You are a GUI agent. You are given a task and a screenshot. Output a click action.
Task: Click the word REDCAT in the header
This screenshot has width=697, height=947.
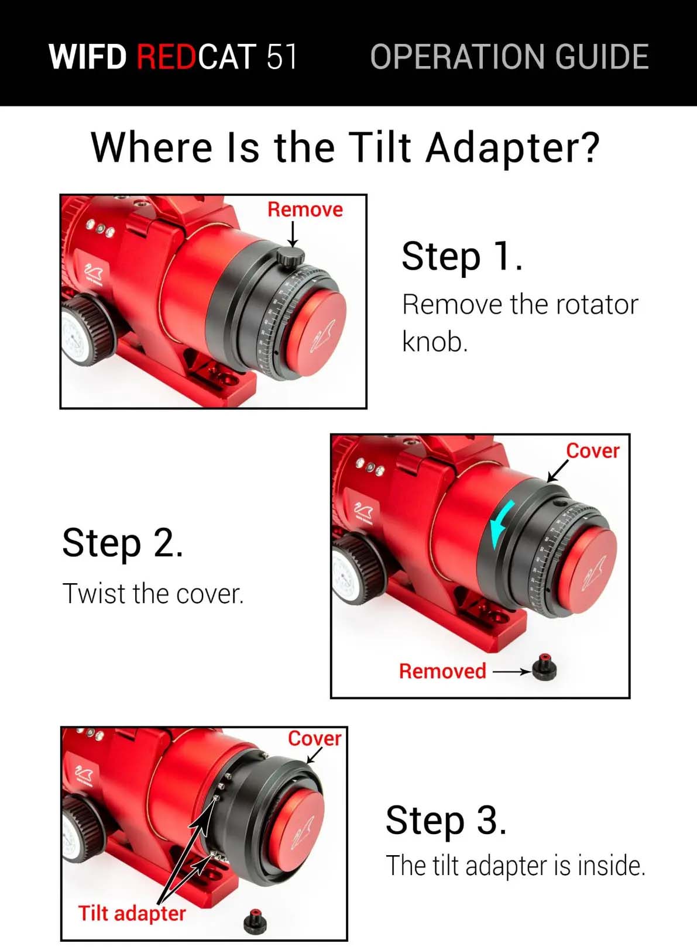(x=196, y=56)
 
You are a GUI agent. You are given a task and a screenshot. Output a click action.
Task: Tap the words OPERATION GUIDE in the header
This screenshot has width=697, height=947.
(x=509, y=56)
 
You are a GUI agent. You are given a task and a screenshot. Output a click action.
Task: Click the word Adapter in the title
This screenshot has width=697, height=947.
(x=513, y=147)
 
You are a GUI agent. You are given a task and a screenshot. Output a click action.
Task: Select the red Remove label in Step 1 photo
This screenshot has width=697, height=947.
(x=305, y=209)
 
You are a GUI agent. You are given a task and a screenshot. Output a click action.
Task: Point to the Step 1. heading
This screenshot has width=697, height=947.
(x=462, y=257)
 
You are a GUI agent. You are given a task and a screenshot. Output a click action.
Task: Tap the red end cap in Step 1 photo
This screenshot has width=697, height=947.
(x=317, y=334)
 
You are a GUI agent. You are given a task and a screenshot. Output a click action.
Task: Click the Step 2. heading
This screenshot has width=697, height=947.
(x=123, y=543)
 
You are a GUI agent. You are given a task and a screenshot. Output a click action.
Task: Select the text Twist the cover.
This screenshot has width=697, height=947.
(x=153, y=594)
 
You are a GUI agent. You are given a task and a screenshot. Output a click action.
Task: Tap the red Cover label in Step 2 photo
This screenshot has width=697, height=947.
(x=592, y=450)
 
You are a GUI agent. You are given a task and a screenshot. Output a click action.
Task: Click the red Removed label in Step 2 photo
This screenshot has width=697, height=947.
(x=443, y=671)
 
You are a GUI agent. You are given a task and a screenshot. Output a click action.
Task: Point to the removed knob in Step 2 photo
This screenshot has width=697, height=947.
(x=544, y=667)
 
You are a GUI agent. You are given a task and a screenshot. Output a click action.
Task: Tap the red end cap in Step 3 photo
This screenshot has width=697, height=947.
(x=300, y=827)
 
